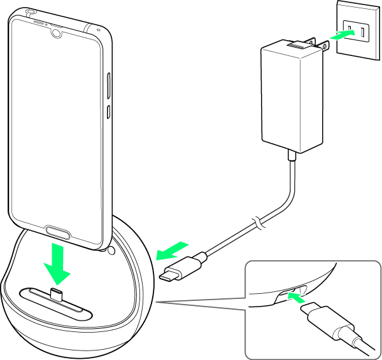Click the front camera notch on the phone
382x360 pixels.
tap(57, 31)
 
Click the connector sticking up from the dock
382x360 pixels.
tap(55, 293)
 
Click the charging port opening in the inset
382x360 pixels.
tap(286, 294)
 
